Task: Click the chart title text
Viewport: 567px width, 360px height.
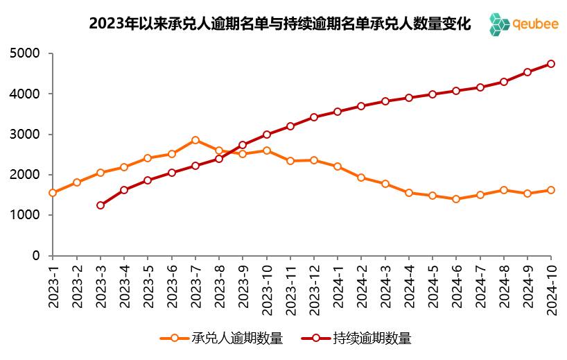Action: tap(279, 24)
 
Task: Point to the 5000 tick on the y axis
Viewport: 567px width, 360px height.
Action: tap(26, 53)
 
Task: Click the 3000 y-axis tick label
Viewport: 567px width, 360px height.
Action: tap(26, 135)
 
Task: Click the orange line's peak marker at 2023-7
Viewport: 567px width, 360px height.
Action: tap(195, 140)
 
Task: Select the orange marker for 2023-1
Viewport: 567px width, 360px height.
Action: tap(53, 193)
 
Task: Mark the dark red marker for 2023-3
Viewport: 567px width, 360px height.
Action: tap(101, 205)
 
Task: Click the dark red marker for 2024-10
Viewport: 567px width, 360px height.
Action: tap(551, 64)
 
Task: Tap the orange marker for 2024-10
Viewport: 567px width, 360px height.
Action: tap(551, 190)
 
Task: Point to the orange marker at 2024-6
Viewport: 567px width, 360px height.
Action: tap(456, 199)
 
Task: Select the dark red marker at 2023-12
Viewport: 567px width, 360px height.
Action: tap(314, 117)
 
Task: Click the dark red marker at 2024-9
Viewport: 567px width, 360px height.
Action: tap(527, 72)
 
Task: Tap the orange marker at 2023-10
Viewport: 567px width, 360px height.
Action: tap(267, 151)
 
